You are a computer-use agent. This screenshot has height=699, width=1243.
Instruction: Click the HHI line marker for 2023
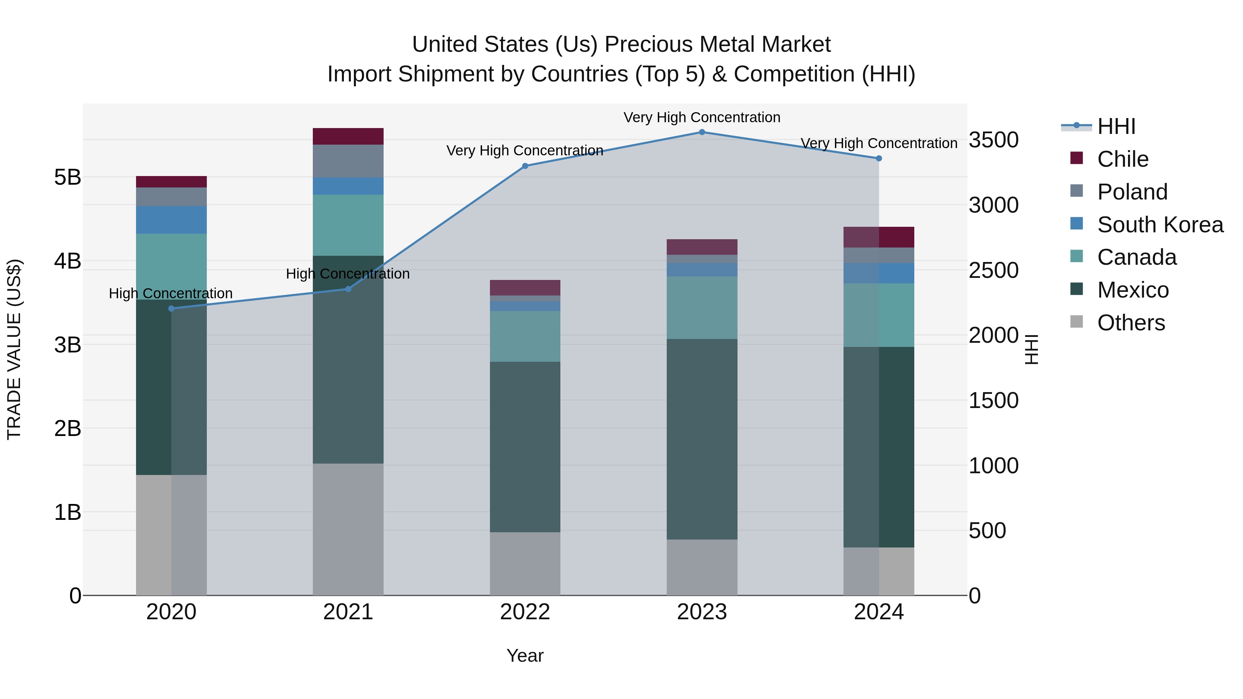(x=702, y=132)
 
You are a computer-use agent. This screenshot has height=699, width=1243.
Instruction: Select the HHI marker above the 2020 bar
(x=171, y=309)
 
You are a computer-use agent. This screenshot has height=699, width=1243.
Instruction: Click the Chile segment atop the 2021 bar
(x=348, y=136)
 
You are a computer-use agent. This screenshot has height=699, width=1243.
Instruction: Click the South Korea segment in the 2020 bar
(x=171, y=220)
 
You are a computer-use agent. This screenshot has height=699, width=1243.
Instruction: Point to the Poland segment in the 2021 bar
(x=348, y=161)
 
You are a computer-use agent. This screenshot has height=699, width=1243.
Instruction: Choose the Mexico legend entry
(x=1133, y=290)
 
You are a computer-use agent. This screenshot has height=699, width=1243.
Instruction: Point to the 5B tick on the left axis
(x=68, y=177)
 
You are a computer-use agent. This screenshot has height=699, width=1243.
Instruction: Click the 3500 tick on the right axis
(x=993, y=140)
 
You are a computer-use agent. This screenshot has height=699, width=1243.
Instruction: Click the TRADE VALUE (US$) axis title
(x=15, y=349)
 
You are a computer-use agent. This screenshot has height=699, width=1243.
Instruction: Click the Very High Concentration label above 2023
(x=702, y=118)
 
